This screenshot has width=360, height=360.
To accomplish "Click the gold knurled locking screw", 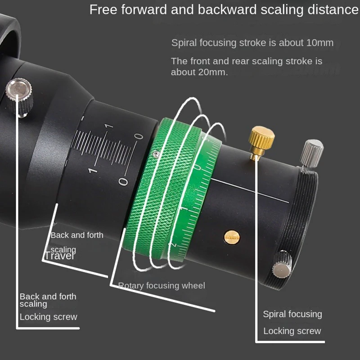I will [x=262, y=137].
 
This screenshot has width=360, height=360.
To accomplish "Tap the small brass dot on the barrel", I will [x=232, y=236].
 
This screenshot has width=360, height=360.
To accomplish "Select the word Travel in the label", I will [x=59, y=256].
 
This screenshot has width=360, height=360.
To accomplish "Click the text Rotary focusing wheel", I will [x=162, y=285].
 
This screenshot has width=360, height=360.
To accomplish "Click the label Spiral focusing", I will [x=292, y=314].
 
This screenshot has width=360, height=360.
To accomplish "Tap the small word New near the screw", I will [x=309, y=172].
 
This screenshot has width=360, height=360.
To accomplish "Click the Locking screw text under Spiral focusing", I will [x=292, y=331].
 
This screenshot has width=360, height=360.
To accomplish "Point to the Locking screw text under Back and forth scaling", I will [x=49, y=317].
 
